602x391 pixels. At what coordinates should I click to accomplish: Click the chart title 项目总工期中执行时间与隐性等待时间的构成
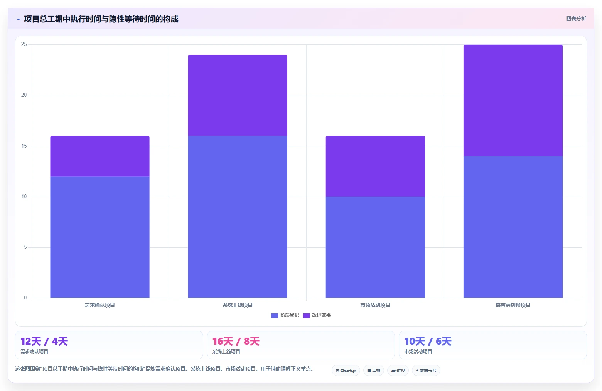tap(101, 19)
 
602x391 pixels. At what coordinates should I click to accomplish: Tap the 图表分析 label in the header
tap(576, 19)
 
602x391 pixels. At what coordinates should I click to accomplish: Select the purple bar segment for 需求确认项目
tap(100, 156)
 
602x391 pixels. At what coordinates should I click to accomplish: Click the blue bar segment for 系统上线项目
tap(238, 217)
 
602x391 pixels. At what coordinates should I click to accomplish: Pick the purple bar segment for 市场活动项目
tap(375, 167)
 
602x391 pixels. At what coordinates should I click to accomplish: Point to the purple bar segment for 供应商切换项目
tap(513, 100)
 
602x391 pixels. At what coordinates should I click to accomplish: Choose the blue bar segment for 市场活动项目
tap(375, 247)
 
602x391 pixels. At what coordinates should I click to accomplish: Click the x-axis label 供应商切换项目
tap(513, 305)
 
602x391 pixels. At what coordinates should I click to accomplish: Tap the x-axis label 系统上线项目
tap(238, 305)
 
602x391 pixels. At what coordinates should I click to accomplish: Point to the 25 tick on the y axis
tap(24, 44)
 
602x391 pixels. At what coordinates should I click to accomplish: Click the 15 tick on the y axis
tap(24, 146)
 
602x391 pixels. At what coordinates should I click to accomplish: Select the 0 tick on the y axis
tap(25, 297)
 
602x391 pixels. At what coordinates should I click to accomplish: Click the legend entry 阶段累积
tap(285, 315)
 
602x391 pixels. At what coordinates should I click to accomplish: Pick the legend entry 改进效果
tap(317, 315)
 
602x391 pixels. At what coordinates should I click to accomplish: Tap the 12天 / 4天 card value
tap(44, 341)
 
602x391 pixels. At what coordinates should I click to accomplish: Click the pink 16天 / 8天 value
tap(236, 341)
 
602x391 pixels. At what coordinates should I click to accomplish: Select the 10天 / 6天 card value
tap(428, 341)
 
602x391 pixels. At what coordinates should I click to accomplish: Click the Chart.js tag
tap(346, 371)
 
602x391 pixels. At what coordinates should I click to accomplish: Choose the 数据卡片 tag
tap(426, 371)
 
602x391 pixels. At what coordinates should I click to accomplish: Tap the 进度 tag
tap(398, 371)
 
